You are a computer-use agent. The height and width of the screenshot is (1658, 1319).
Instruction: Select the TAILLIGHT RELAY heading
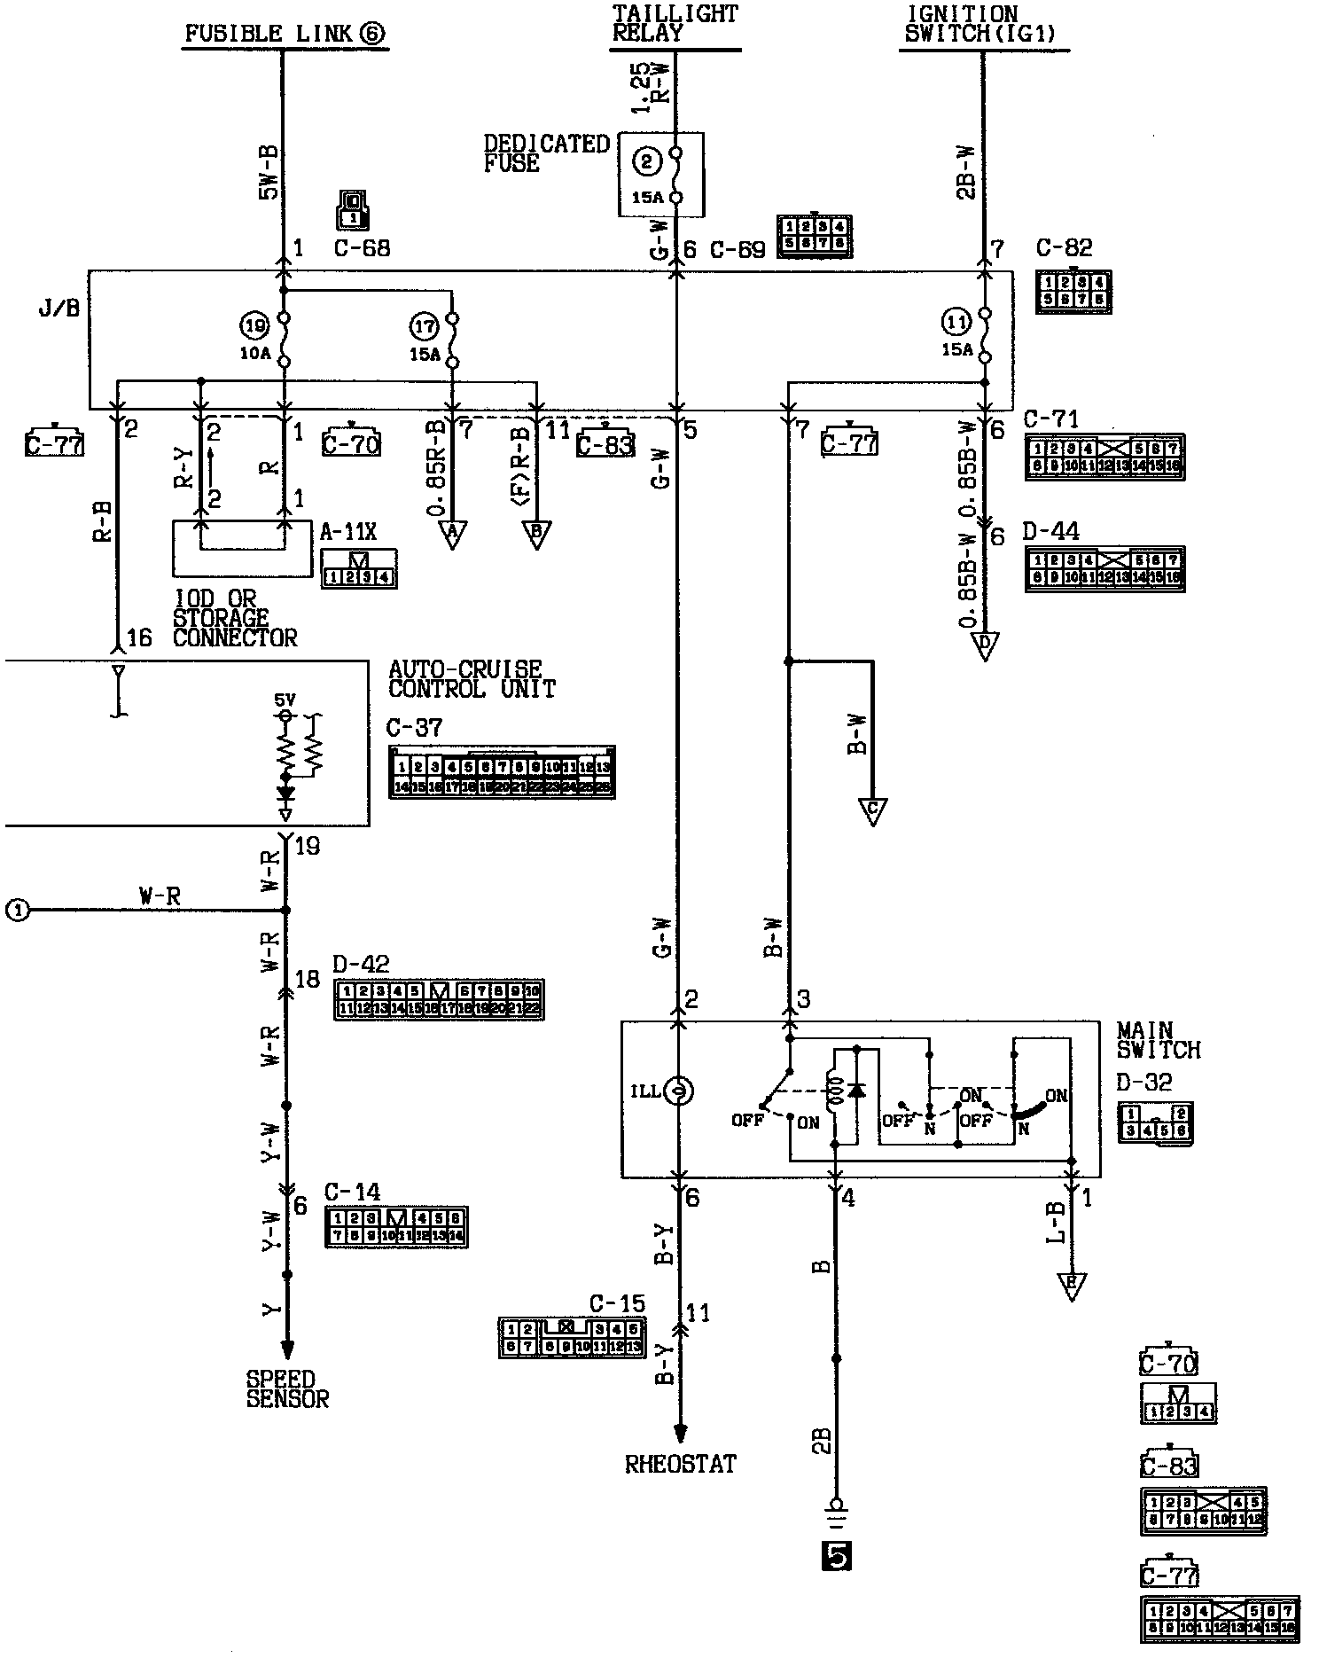click(x=675, y=23)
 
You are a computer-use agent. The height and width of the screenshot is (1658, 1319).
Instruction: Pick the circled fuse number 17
click(x=425, y=326)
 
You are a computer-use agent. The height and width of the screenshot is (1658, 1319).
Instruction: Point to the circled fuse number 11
click(x=956, y=320)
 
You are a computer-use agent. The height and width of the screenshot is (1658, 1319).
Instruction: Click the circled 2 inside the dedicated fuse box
click(x=648, y=161)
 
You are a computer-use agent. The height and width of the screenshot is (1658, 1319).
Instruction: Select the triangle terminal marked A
click(x=452, y=534)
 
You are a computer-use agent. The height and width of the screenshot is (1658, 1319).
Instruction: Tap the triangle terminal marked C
click(x=872, y=811)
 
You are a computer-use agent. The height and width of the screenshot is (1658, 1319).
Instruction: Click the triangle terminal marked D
click(x=984, y=645)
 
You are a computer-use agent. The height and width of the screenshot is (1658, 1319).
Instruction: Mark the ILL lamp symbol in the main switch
click(x=678, y=1091)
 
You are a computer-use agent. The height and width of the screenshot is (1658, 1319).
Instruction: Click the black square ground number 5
click(x=836, y=1555)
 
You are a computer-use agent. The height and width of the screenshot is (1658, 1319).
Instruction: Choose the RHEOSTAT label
click(x=681, y=1464)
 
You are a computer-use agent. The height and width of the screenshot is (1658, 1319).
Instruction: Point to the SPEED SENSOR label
click(x=287, y=1389)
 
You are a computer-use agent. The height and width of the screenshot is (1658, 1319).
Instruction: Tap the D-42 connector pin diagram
click(x=439, y=999)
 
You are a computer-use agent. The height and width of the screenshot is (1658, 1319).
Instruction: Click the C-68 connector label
click(x=362, y=248)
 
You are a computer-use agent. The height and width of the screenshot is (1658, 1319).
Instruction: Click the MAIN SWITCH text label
click(x=1157, y=1040)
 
